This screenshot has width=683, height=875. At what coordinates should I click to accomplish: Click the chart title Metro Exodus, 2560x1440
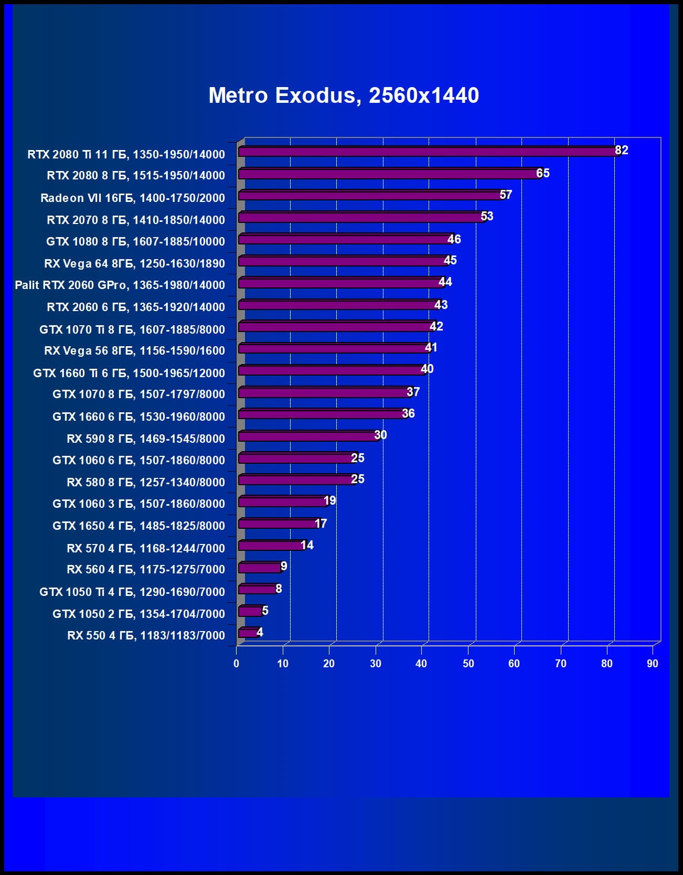(344, 95)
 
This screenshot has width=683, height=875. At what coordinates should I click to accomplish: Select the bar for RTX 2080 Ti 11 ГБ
(428, 152)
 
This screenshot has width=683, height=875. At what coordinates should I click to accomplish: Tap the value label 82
(621, 151)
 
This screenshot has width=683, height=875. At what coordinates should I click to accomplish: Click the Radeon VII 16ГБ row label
(133, 198)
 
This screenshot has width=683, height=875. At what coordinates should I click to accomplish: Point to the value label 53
(487, 216)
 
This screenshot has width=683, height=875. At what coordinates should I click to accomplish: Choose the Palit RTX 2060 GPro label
(120, 285)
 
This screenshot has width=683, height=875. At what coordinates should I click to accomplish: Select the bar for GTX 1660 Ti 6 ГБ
(332, 370)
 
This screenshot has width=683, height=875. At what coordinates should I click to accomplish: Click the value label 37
(413, 392)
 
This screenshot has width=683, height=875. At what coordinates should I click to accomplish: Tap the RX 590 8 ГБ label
(146, 439)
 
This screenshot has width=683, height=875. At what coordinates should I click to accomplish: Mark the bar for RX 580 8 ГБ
(297, 479)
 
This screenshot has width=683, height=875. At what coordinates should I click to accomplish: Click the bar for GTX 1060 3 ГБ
(283, 501)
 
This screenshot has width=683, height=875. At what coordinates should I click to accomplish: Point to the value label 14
(307, 545)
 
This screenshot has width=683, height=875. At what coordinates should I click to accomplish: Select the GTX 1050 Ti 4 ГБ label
(132, 592)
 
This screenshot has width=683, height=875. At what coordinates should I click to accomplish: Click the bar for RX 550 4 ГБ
(248, 633)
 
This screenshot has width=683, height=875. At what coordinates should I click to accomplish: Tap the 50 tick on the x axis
(468, 664)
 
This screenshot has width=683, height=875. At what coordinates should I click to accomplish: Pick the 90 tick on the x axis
(652, 664)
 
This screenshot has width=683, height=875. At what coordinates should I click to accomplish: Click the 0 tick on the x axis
(236, 664)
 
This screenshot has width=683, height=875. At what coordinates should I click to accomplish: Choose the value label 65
(542, 173)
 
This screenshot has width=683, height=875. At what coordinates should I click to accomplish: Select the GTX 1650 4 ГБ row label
(138, 526)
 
